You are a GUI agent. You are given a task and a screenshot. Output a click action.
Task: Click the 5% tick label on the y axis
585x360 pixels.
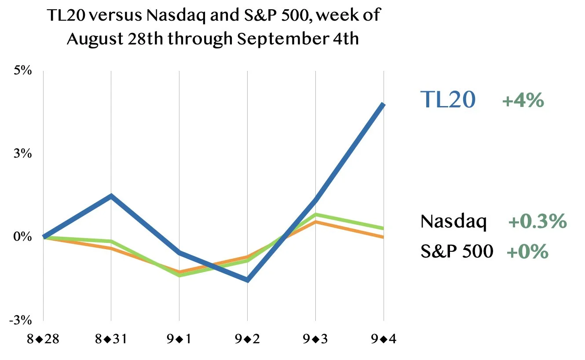22,70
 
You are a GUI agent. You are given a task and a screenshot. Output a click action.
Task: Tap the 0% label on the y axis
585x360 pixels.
22,236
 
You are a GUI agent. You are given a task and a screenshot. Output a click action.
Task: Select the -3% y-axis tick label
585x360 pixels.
20,320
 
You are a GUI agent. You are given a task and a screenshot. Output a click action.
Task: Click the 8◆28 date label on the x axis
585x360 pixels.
43,339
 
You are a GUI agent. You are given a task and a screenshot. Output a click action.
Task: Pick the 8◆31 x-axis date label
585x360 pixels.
111,339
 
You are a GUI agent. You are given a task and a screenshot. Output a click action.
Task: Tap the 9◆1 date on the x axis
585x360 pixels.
179,339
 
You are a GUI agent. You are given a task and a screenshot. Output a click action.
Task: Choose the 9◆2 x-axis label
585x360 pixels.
247,339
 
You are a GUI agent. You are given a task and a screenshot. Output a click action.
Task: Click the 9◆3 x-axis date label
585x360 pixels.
315,339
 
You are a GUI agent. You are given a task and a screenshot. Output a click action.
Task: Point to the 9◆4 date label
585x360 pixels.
384,339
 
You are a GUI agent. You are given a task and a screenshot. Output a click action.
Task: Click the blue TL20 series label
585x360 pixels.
448,99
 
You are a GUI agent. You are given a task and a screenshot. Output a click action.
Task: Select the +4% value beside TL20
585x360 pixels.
523,100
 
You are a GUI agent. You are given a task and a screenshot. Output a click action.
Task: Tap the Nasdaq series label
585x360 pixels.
453,221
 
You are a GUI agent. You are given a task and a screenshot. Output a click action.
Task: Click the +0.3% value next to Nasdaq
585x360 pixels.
538,221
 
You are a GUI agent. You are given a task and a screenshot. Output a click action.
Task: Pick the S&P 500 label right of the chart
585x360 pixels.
457,251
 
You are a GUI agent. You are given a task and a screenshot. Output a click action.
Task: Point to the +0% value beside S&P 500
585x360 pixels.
527,252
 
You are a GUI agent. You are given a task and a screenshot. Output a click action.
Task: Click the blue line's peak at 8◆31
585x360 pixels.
111,196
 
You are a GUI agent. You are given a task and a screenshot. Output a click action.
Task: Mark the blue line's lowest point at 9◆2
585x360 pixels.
247,280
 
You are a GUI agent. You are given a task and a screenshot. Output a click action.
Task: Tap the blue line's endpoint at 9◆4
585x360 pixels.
383,104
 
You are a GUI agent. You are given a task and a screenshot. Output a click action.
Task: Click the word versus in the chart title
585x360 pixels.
116,15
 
